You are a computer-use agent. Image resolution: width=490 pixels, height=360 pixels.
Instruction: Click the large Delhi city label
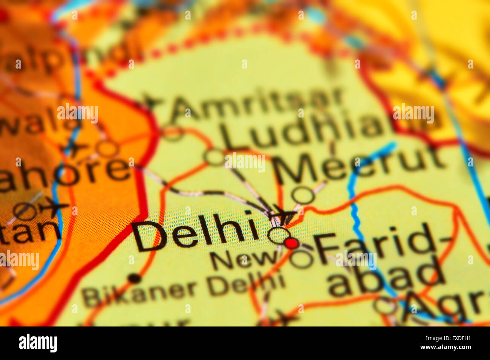196,232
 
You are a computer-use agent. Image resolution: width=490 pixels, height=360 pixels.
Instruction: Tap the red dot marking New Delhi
291,243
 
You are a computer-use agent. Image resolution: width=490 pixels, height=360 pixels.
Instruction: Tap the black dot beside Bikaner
134,279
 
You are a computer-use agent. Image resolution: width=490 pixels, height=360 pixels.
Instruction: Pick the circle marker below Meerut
303,195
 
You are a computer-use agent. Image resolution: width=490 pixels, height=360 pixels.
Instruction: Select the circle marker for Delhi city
279,235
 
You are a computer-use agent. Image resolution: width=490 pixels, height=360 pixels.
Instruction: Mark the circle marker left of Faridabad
302,259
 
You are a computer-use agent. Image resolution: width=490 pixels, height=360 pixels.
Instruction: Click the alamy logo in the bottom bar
38,343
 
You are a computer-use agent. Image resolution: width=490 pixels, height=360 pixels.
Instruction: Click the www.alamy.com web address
445,347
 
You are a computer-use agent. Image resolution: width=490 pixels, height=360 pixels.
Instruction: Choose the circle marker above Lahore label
107,148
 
